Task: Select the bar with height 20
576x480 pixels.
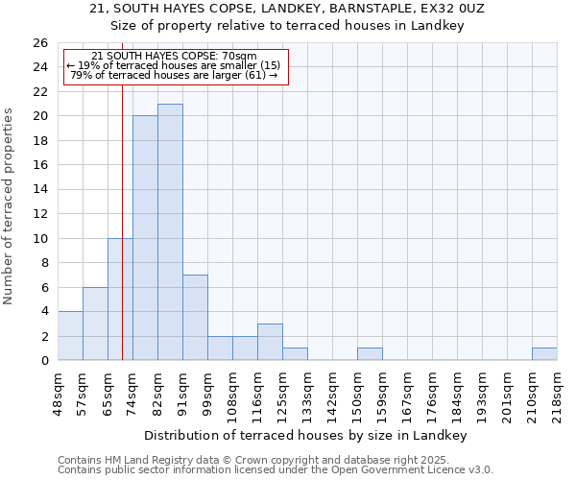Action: pos(145,238)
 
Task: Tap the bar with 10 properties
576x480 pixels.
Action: pos(120,300)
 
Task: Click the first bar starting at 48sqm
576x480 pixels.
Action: pos(70,336)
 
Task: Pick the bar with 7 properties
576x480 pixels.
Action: pos(195,318)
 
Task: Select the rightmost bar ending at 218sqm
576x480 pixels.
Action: pos(544,354)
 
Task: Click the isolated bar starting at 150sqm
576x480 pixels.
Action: pos(370,354)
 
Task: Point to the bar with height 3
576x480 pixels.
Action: pos(270,342)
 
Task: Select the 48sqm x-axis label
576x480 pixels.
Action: pos(59,393)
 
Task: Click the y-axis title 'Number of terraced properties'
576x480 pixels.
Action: pos(10,206)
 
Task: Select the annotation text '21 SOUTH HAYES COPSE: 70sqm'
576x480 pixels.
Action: pos(175,57)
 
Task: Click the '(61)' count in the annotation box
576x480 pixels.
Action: pos(258,75)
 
